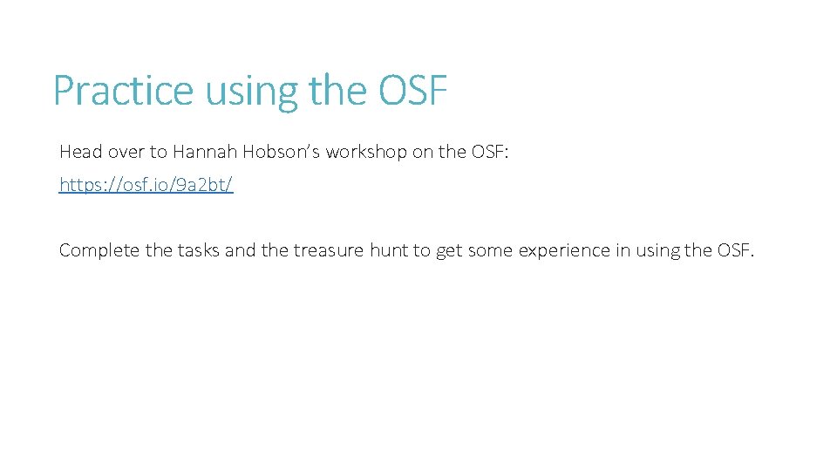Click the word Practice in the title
tap(124, 90)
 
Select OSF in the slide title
tap(412, 90)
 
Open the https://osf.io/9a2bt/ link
tap(146, 185)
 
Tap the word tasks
tap(199, 250)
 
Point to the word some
tap(490, 250)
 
